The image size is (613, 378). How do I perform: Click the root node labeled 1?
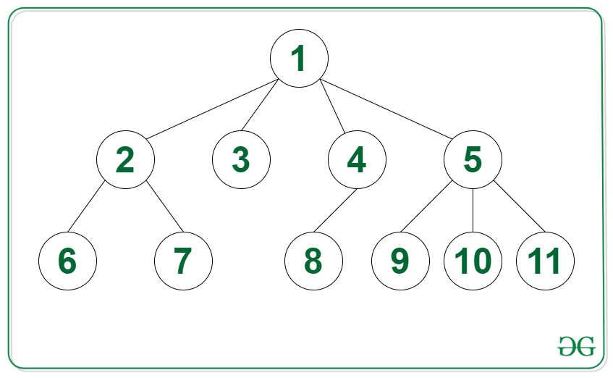pos(299,59)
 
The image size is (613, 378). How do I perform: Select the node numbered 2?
pos(125,159)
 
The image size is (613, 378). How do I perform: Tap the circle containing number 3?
pos(241,159)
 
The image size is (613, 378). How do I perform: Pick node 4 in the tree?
pos(357,159)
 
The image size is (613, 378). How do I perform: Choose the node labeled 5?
pos(473,159)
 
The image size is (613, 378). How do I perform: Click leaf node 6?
pos(67,261)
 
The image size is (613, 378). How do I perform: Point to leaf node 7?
pos(183,261)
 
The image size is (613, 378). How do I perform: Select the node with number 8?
pos(313,261)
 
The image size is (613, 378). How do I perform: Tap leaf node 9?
pos(400,261)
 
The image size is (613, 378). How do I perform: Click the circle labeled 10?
pos(473,261)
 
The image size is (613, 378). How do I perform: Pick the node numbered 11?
pos(545,261)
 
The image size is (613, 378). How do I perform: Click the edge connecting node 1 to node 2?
pos(212,109)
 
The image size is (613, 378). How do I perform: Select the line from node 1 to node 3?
pos(260,105)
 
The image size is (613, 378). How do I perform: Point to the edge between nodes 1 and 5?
pos(386,109)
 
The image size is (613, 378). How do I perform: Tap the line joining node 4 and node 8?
pos(335,211)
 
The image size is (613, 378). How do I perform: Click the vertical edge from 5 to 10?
pos(473,211)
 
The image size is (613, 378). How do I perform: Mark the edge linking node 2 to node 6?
pos(86,206)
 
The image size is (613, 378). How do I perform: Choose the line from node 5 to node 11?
pos(519,206)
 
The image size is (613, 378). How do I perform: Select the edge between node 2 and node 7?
pos(164,206)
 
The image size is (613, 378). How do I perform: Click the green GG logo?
pos(577,346)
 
